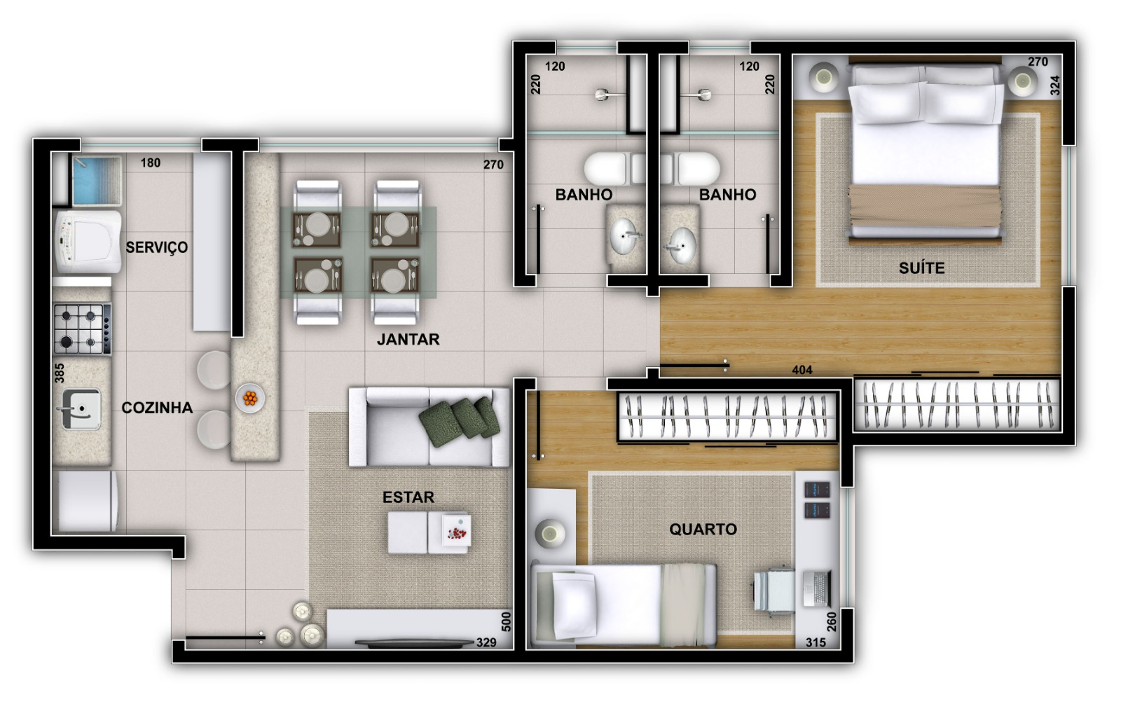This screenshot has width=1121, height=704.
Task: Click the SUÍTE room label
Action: (x=921, y=268)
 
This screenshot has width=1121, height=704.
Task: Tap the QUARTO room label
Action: (x=703, y=529)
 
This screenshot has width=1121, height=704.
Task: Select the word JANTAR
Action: (x=408, y=339)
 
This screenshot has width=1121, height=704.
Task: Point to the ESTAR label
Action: (x=408, y=497)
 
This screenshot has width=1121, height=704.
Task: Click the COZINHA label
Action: (x=157, y=408)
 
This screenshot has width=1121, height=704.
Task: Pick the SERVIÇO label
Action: (x=157, y=247)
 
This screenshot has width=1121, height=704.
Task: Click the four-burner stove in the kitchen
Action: (x=82, y=329)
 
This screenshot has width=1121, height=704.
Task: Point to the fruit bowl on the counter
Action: (x=250, y=399)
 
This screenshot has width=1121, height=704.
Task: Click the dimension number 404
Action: (x=802, y=370)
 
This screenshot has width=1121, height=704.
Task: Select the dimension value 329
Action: (x=486, y=642)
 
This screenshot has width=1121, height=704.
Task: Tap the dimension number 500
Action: (x=507, y=621)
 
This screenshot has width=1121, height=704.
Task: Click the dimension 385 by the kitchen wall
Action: (x=60, y=373)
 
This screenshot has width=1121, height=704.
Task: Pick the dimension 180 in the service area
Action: (x=150, y=163)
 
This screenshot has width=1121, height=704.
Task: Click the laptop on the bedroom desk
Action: (x=815, y=588)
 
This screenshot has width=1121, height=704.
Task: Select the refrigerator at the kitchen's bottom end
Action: (x=87, y=500)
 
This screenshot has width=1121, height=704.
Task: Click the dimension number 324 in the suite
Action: (x=1055, y=85)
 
